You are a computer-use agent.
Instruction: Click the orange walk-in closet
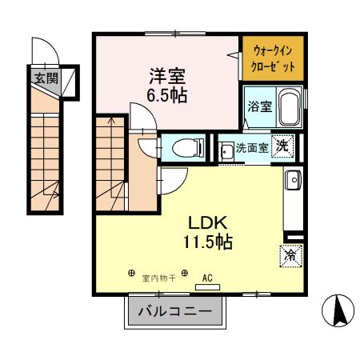(273, 57)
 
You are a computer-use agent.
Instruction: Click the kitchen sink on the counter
(293, 181)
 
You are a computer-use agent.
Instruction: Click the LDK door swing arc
(173, 183)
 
